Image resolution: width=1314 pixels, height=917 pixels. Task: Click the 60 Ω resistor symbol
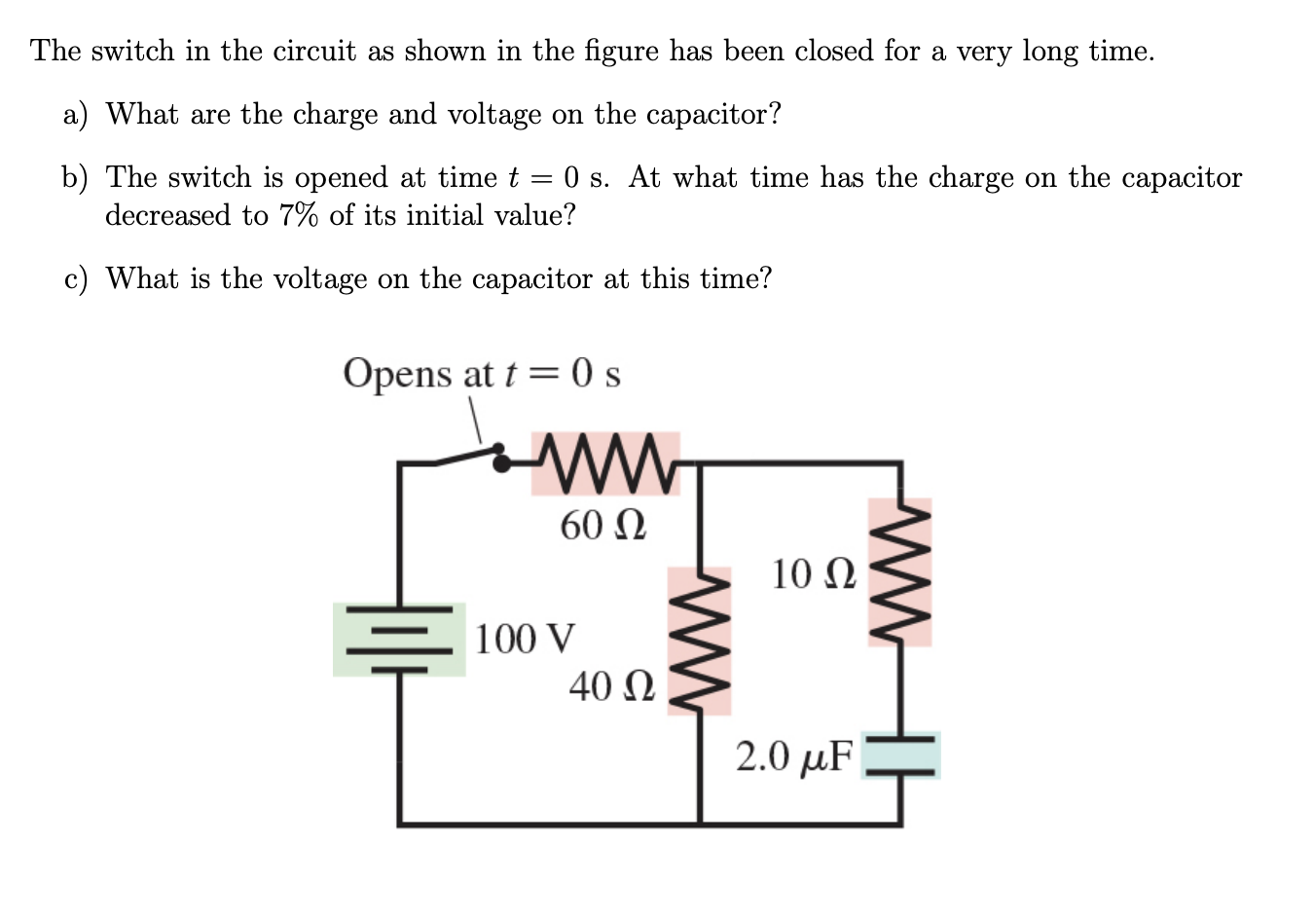tap(605, 463)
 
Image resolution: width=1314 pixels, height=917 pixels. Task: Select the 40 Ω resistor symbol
tap(699, 641)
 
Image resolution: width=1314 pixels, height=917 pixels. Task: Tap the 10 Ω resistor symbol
tap(899, 572)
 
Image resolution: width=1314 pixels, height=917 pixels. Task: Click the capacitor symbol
tap(900, 755)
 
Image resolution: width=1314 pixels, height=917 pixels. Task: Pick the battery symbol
tap(399, 640)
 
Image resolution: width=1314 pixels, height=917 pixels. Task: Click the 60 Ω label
tap(602, 526)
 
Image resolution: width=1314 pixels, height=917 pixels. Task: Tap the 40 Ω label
tap(611, 686)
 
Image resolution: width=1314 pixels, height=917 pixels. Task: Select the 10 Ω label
tap(814, 574)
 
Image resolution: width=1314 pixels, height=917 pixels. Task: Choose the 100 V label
tap(525, 640)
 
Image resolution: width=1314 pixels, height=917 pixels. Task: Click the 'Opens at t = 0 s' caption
tap(481, 374)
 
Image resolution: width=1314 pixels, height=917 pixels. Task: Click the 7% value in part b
tap(299, 215)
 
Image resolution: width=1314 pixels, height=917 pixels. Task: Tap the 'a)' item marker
tap(75, 115)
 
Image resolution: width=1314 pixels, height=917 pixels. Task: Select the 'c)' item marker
tap(75, 279)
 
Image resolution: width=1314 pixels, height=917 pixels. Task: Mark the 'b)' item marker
tap(75, 178)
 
